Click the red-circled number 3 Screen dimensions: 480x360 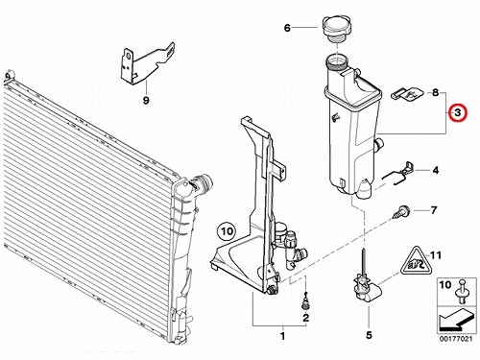[x=458, y=112]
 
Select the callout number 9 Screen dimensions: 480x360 [x=146, y=101]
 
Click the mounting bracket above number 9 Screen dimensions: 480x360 [x=147, y=63]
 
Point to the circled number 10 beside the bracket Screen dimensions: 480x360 [x=227, y=230]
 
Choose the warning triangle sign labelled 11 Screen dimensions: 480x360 [x=417, y=261]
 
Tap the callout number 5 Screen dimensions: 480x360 [x=369, y=335]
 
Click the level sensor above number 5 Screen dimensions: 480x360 [x=367, y=285]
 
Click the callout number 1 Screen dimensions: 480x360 [x=282, y=336]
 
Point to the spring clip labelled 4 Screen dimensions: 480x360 [x=399, y=174]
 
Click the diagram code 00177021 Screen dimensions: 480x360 [x=455, y=339]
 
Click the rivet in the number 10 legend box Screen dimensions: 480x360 [x=463, y=292]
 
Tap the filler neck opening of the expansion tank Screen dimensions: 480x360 [x=337, y=60]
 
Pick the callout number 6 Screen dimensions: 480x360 [x=287, y=28]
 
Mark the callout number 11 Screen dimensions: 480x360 [x=435, y=255]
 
